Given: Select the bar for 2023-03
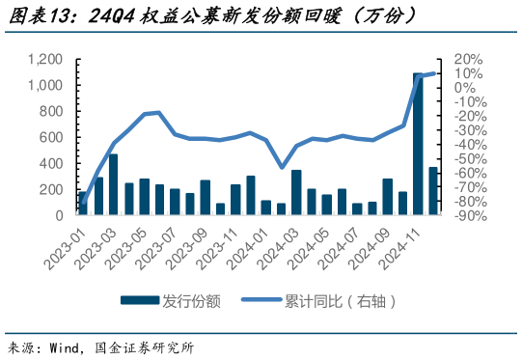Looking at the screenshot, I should [113, 184].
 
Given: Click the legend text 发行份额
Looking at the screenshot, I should [192, 301].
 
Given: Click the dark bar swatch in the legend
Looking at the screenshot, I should [141, 301].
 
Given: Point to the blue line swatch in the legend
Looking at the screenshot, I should [260, 301].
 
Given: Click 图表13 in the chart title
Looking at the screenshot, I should [41, 16].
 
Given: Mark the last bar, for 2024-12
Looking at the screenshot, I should [433, 191].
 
